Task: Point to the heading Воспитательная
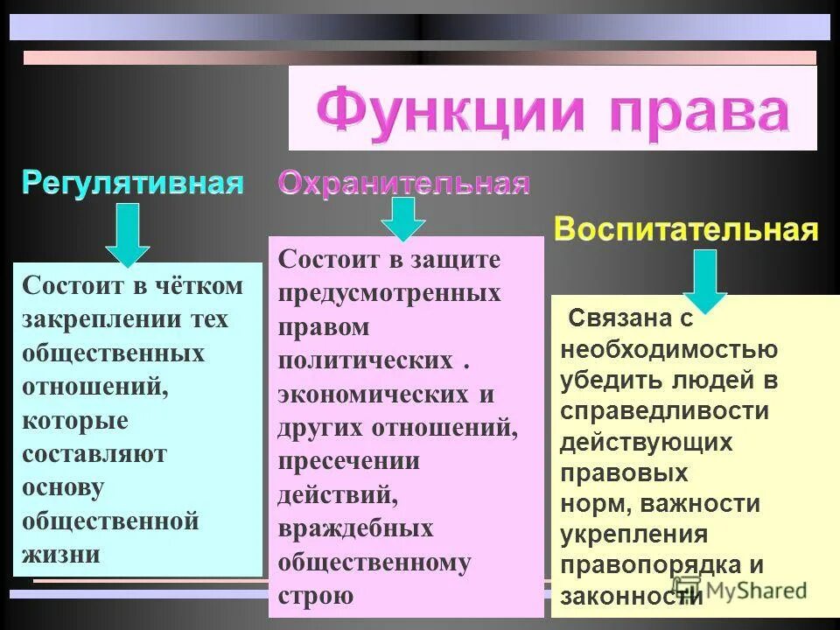tap(687, 231)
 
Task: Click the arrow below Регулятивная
tap(128, 234)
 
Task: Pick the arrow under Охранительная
tap(402, 218)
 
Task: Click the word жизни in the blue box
tap(61, 554)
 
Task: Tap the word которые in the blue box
tap(75, 421)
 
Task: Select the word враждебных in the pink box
tap(355, 528)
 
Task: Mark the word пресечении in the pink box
tap(349, 461)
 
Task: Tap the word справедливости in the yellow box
tap(665, 411)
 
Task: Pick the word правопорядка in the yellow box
tap(653, 565)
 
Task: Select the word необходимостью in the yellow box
tap(668, 350)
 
